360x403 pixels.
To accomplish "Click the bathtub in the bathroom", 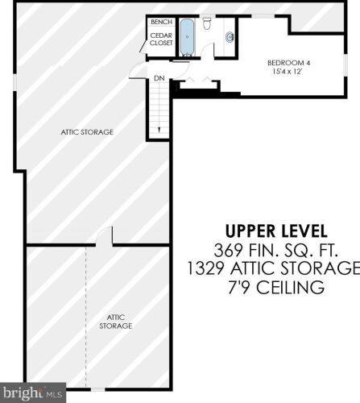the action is click(x=187, y=37).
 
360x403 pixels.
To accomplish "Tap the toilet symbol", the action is click(x=207, y=23).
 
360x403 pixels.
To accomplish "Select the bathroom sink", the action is click(x=230, y=36).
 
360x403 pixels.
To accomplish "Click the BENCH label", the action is click(x=161, y=22).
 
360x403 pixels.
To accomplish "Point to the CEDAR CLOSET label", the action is click(x=161, y=39).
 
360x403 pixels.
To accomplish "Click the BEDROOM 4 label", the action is click(x=288, y=63).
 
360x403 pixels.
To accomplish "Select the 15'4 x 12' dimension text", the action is click(x=288, y=72).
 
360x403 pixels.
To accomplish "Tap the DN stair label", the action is click(x=159, y=78).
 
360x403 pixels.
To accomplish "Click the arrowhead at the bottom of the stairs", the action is click(x=159, y=130).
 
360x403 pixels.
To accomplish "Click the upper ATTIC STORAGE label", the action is click(x=87, y=132).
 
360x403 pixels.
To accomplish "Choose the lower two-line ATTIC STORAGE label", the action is click(x=116, y=322).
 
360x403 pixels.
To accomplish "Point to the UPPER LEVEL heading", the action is click(x=276, y=231).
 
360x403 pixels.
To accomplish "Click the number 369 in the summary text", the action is click(x=228, y=251).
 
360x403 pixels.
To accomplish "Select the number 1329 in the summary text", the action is click(x=205, y=268).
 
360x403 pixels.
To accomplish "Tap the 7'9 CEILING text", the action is click(x=276, y=287).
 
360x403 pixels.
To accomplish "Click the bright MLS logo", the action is click(x=33, y=393).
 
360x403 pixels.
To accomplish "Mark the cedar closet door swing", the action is click(x=143, y=48).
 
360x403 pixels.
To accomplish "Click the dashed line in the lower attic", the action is click(x=86, y=317).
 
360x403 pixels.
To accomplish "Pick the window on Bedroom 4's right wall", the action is click(x=346, y=64).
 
